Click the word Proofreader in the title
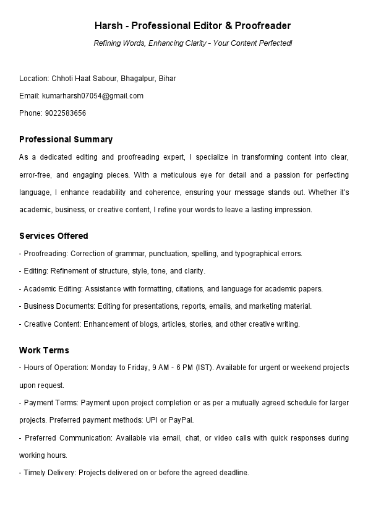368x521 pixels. click(x=263, y=26)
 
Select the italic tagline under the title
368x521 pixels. click(x=192, y=43)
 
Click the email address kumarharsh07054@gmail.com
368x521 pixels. click(x=92, y=96)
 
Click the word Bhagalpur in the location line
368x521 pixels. click(x=138, y=79)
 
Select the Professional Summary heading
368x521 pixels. click(x=66, y=139)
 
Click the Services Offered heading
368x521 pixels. click(x=54, y=236)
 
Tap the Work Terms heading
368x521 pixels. click(x=44, y=350)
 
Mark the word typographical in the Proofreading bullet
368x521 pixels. click(x=260, y=254)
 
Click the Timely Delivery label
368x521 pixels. click(x=46, y=472)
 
